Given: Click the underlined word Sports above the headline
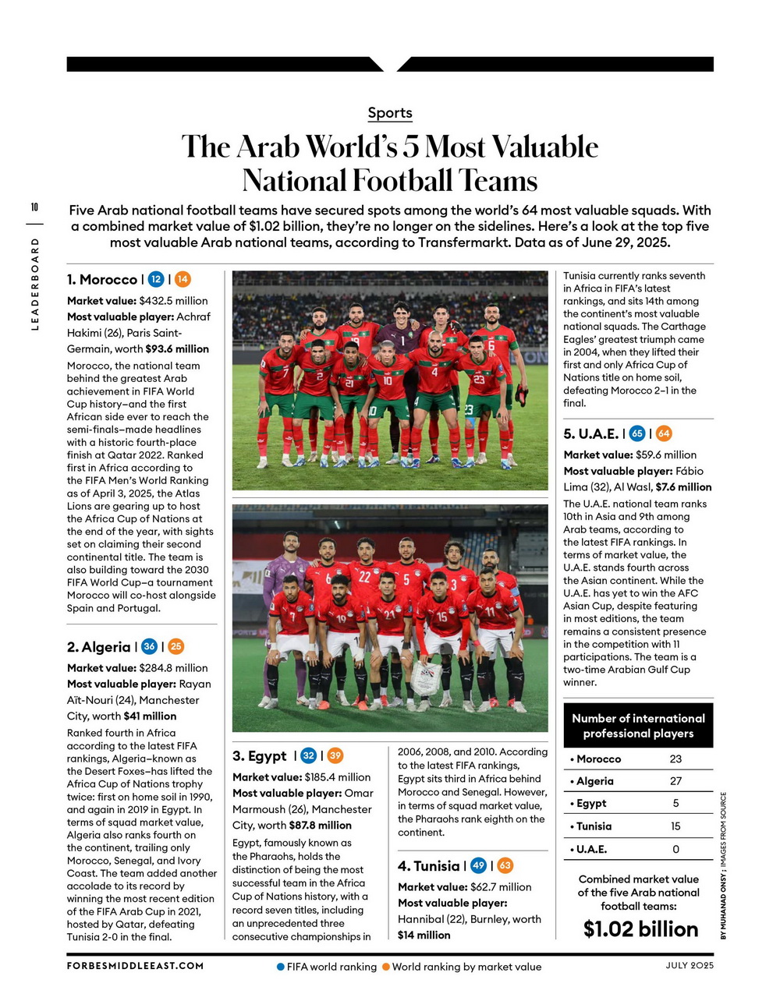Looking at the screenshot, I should coord(390,113).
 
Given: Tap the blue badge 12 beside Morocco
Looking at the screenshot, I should coord(156,279).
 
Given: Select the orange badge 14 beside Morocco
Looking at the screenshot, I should coord(183,279).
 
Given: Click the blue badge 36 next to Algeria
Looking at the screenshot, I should coord(149,646).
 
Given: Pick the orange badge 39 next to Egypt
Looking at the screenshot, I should coord(335,755).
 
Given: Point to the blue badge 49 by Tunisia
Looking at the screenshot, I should coord(479,865).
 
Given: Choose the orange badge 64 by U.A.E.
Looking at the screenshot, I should coord(664,433).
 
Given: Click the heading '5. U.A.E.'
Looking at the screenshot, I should coord(590,433).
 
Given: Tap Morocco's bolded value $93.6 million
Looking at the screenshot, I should coord(177,348).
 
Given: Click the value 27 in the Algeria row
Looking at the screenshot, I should coord(675,781).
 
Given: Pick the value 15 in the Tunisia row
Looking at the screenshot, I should coord(675,826).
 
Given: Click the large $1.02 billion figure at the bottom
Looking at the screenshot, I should coord(640,929).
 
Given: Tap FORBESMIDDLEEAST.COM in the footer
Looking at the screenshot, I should coord(135,966).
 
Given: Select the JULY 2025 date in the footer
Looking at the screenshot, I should coord(690,965).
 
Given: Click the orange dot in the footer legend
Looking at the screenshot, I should coord(385,967).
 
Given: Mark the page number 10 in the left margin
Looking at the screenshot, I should coord(34,207).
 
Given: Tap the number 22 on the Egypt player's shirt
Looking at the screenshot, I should coord(364,578).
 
